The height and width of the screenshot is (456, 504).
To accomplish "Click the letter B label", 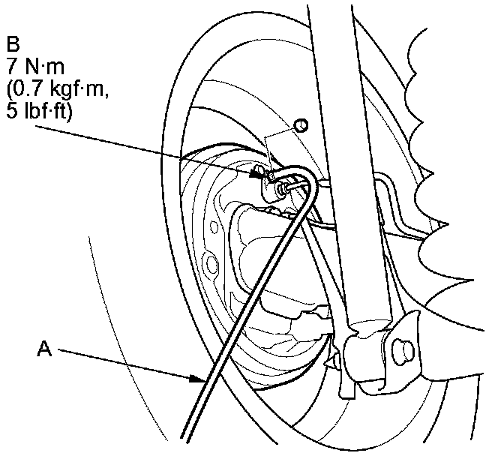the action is click(12, 40).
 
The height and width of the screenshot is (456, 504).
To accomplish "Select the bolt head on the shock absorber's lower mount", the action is click(402, 346).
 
